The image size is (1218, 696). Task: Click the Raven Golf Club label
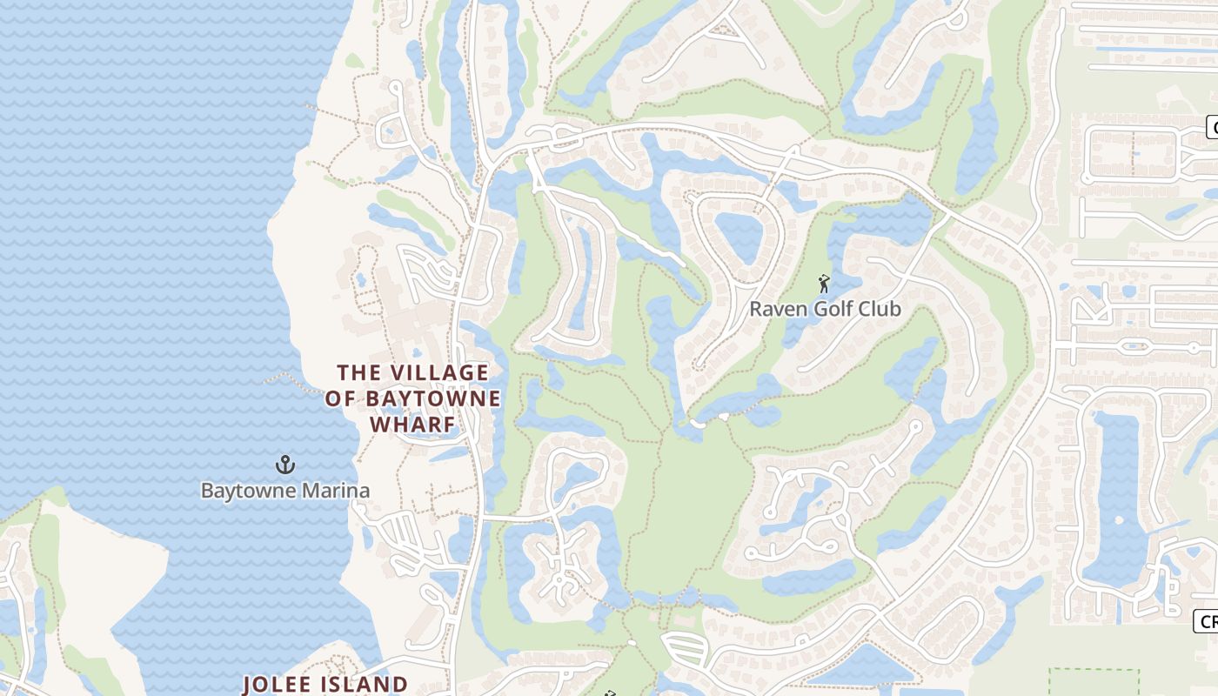click(825, 309)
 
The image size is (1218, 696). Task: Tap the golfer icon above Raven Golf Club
click(824, 284)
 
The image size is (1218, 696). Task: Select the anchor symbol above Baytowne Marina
click(285, 465)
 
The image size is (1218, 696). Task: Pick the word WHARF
click(412, 425)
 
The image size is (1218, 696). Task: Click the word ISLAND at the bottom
click(365, 684)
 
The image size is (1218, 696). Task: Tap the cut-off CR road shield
click(1207, 621)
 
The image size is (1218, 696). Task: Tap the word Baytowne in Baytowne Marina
click(242, 491)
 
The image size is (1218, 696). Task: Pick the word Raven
click(773, 309)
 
